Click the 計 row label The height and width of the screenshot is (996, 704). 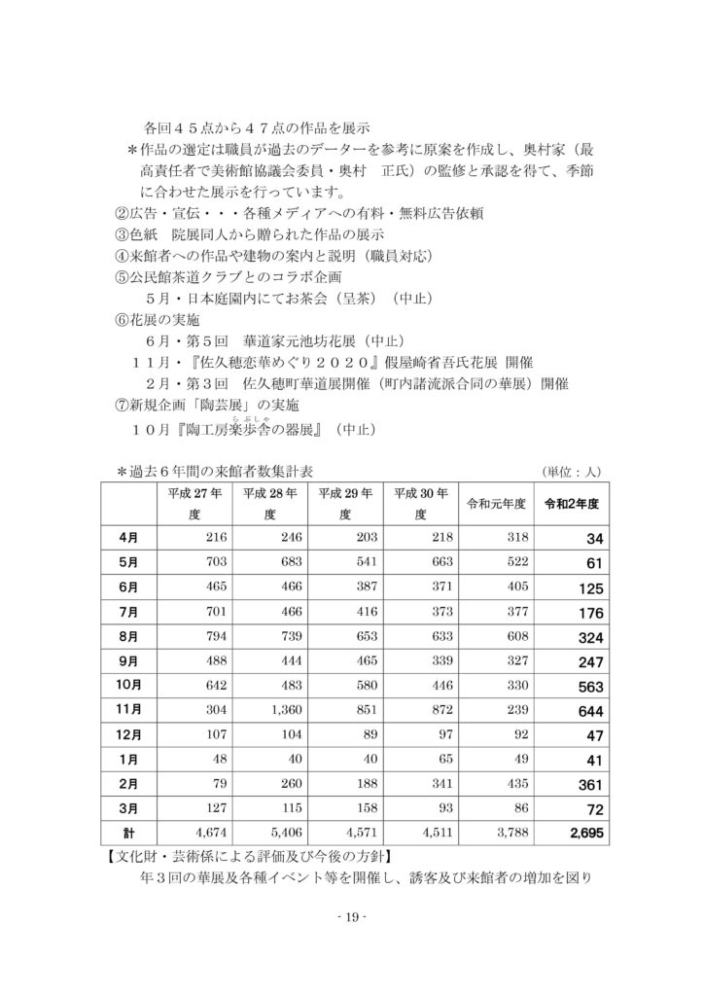[x=128, y=832]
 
